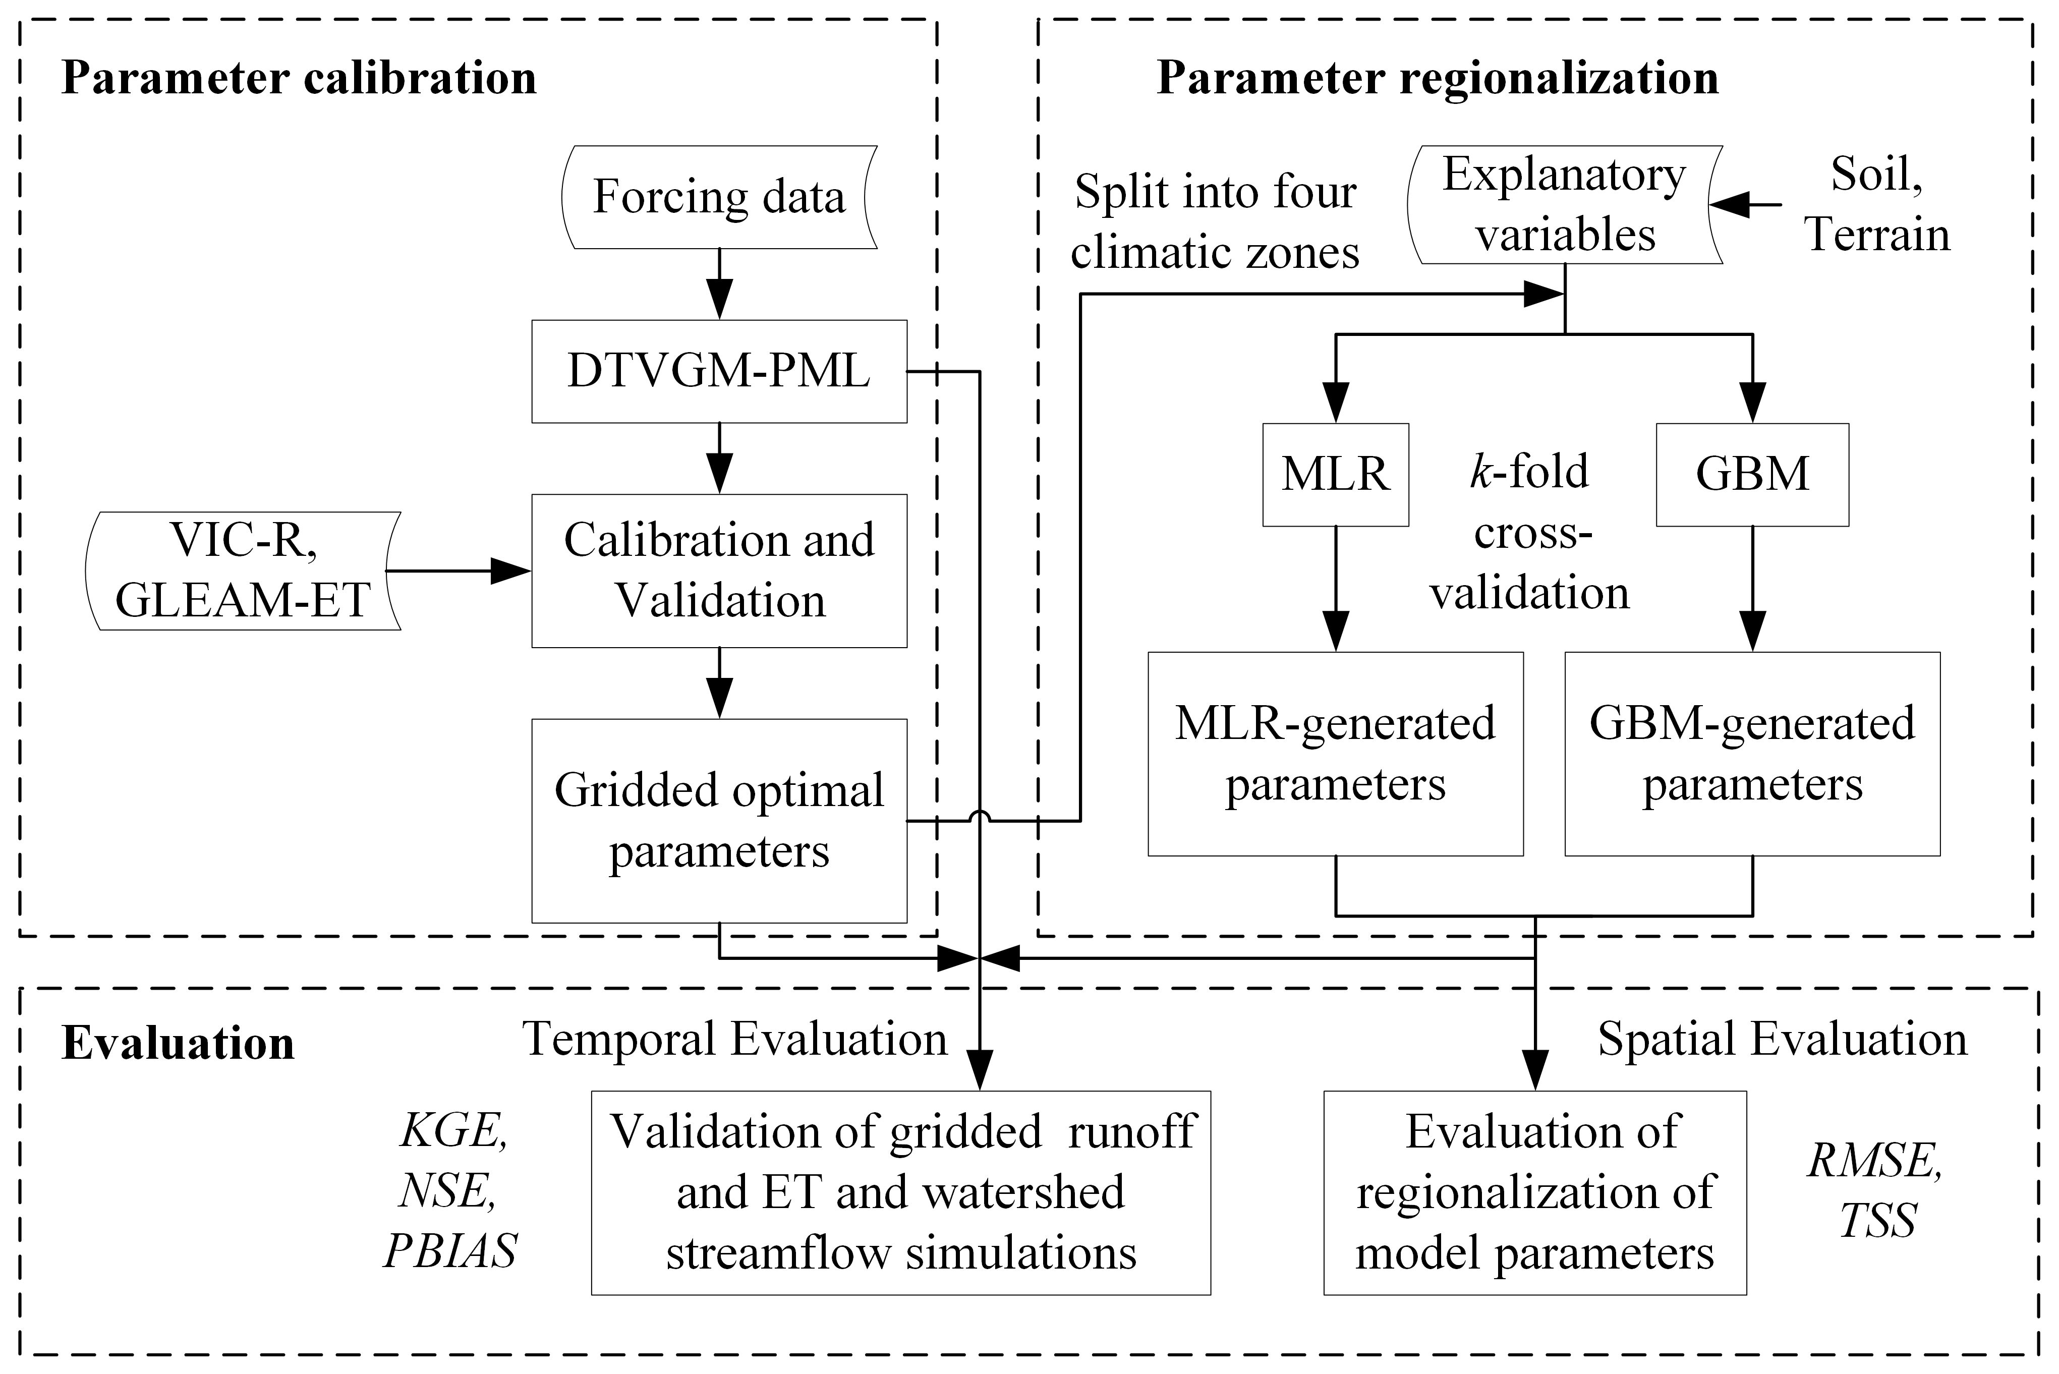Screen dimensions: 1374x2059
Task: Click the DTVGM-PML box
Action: click(718, 372)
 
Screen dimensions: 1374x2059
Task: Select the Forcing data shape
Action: click(718, 197)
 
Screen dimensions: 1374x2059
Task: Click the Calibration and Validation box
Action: click(718, 570)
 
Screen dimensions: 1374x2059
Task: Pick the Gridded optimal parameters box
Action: click(718, 820)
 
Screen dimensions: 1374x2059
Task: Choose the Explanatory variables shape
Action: click(1565, 205)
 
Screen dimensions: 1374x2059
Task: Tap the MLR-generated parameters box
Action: click(1335, 754)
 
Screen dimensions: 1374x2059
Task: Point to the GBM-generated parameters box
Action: click(1752, 754)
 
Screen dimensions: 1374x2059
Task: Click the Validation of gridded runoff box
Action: click(901, 1192)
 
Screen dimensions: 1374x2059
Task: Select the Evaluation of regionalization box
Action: click(1535, 1192)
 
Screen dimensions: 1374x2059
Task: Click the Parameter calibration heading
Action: click(299, 78)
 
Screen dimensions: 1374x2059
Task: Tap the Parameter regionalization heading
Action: click(1438, 78)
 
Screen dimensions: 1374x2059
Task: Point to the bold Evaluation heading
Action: click(178, 1044)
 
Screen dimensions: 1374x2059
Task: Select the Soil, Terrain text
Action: click(1877, 205)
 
